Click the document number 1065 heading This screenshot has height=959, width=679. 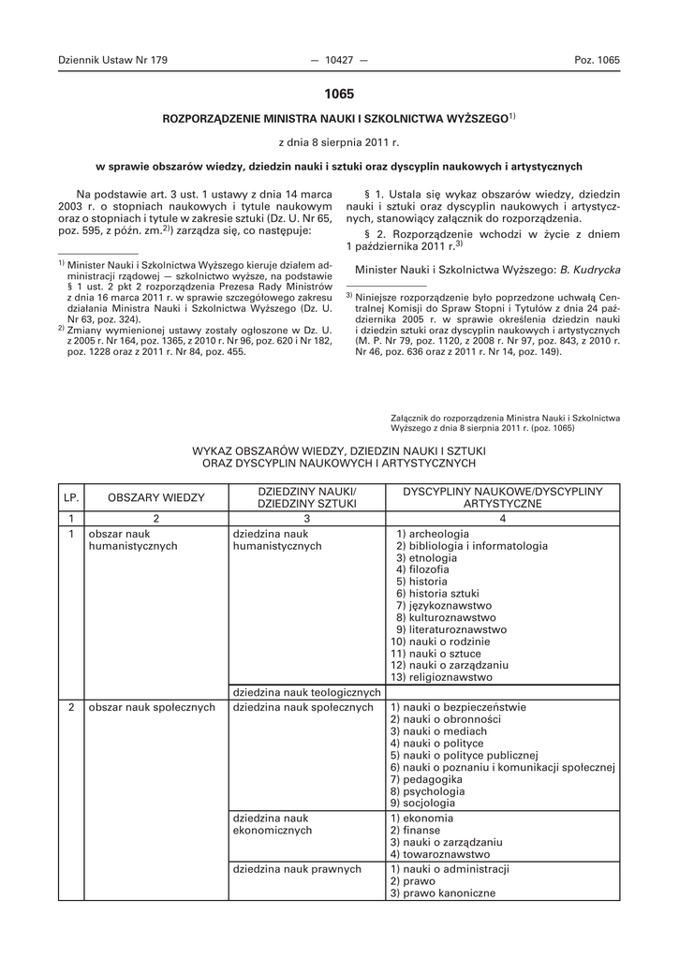tap(339, 94)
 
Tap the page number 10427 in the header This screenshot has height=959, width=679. tap(339, 60)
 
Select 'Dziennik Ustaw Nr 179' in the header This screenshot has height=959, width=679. tap(111, 60)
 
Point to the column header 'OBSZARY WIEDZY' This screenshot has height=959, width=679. tap(155, 497)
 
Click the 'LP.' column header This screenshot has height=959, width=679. tap(71, 497)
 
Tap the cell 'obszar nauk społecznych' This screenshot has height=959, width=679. tap(153, 707)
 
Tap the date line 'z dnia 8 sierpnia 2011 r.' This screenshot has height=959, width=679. tap(339, 142)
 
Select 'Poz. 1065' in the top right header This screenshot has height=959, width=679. tap(597, 60)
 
